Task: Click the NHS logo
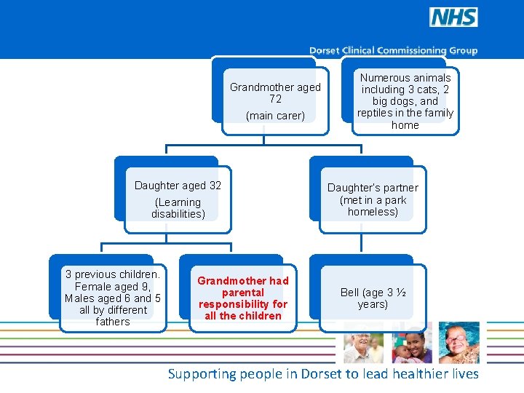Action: pos(453,17)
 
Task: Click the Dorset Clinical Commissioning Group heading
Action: pos(393,51)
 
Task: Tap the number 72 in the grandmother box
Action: pos(275,99)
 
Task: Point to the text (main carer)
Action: pos(275,116)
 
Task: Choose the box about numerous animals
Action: pos(405,101)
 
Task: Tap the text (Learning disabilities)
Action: pos(178,208)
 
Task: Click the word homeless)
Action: pos(373,212)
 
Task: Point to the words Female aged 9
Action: pos(113,286)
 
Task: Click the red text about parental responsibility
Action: pos(243,298)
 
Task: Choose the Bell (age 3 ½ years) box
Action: pos(373,298)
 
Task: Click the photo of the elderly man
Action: pos(363,343)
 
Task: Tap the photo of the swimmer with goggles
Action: pos(459,343)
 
